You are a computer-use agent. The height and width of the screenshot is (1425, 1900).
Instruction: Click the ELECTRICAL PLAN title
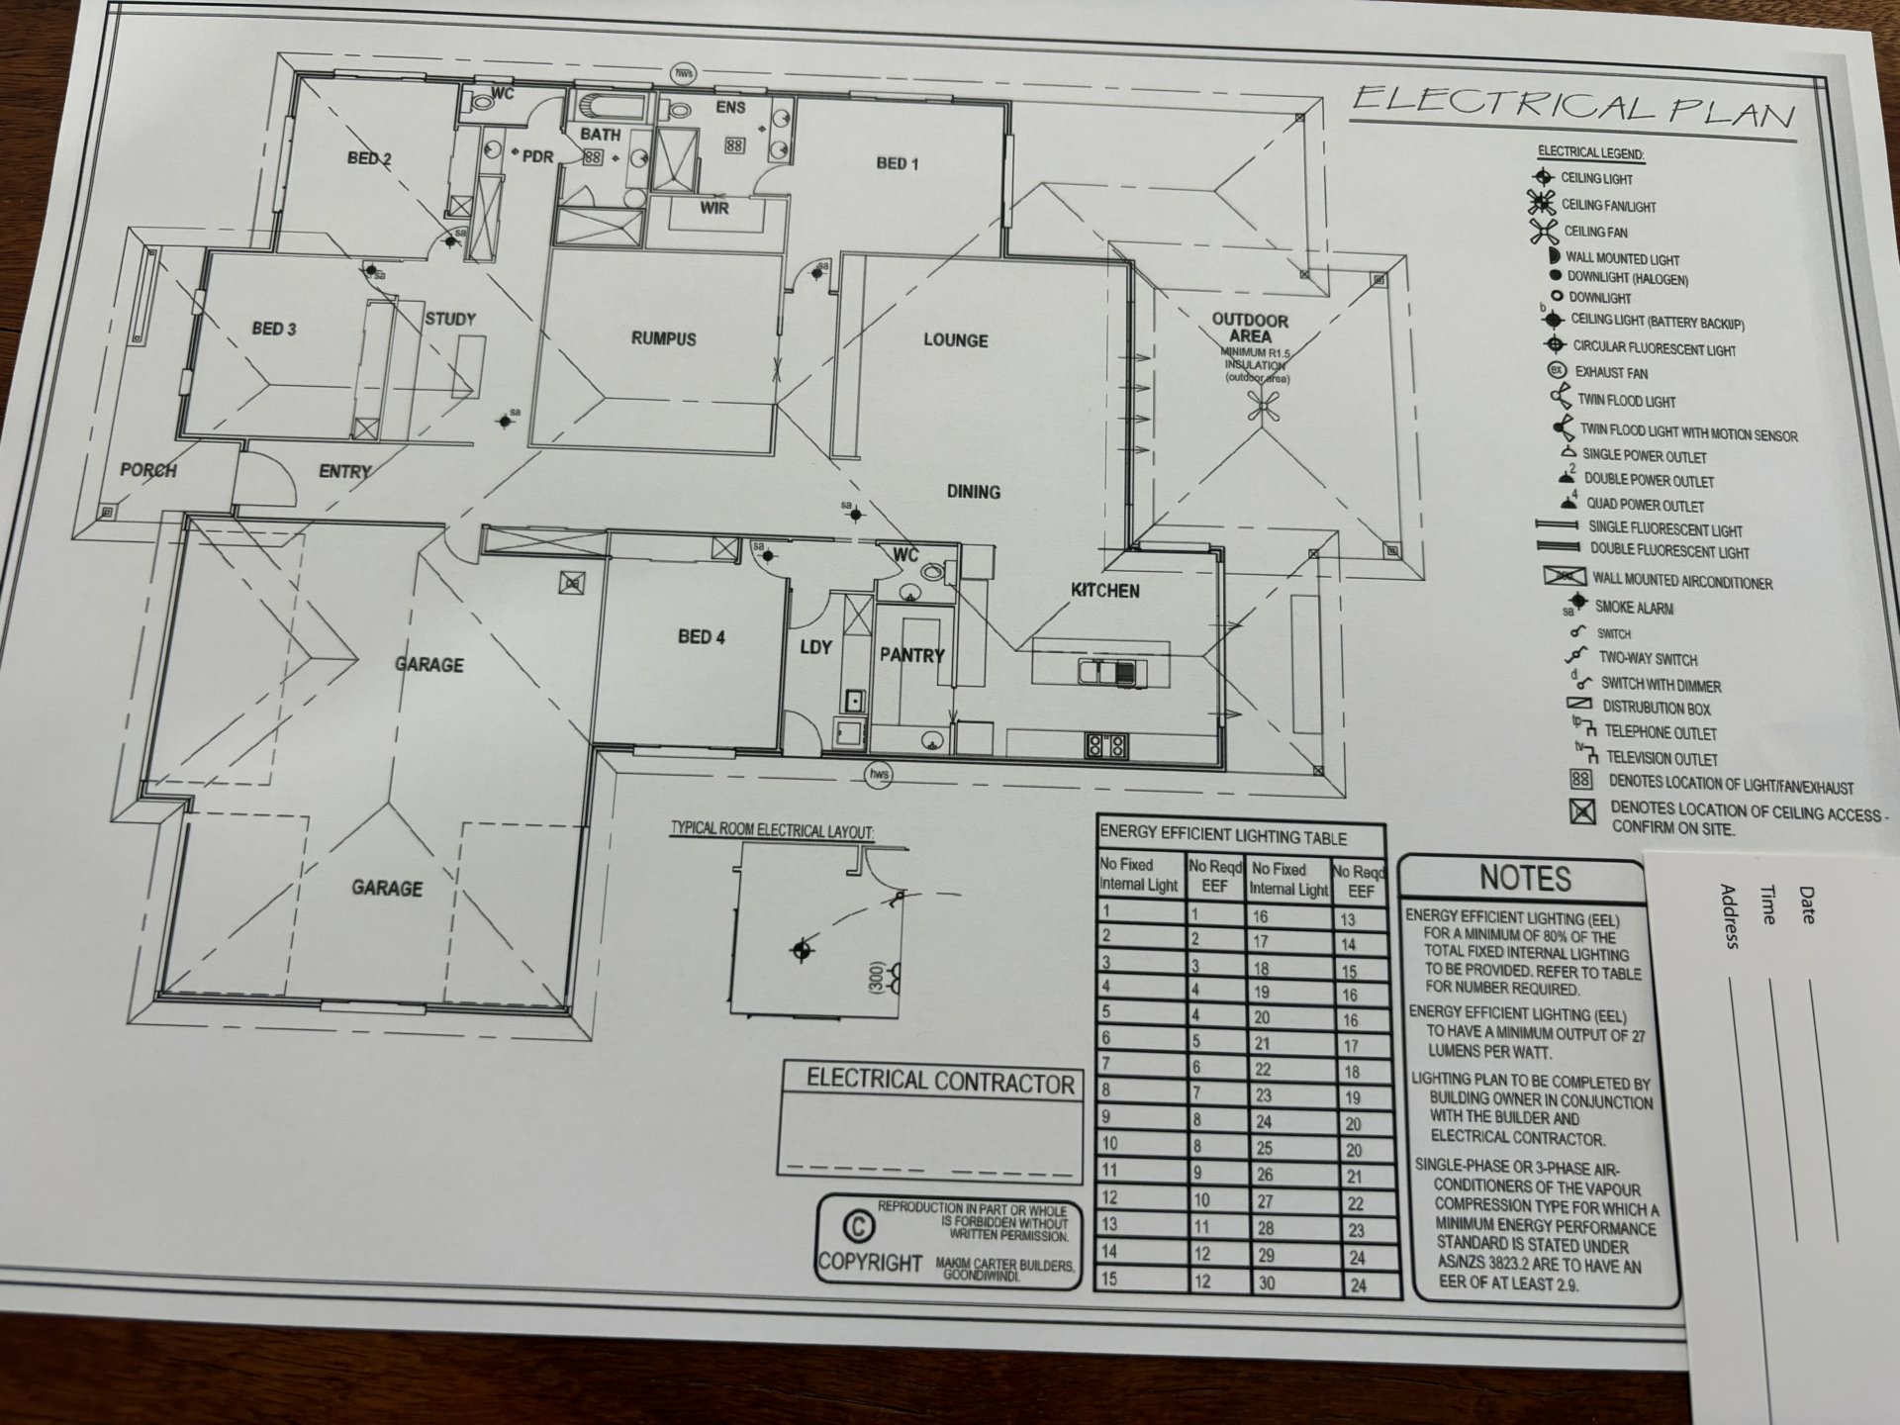coord(1573,106)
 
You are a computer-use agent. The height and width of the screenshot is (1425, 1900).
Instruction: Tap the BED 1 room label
coord(897,163)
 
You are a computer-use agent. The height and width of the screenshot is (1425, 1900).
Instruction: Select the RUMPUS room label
coord(663,338)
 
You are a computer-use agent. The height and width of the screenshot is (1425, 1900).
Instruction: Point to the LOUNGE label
coord(955,340)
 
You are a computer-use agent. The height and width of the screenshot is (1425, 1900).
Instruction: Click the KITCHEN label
coord(1104,591)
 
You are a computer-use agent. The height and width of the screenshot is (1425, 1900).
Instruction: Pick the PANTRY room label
coord(911,655)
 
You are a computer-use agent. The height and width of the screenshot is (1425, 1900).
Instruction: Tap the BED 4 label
coord(701,636)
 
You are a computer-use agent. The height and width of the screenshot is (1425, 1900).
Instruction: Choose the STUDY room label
coord(450,319)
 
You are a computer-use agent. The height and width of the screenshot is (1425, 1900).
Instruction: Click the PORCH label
coord(148,470)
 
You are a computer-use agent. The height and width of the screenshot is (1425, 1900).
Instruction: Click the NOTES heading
coord(1525,878)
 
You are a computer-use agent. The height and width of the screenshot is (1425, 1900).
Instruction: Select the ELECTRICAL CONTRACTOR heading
coord(940,1082)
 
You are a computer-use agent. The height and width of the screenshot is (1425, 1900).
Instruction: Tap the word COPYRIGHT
coord(870,1264)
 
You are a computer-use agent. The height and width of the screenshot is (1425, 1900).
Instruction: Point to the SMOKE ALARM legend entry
coord(1634,608)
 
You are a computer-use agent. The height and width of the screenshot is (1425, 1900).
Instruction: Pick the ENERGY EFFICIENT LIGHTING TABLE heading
coord(1223,837)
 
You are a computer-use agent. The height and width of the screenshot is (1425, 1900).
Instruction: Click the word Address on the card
coord(1730,916)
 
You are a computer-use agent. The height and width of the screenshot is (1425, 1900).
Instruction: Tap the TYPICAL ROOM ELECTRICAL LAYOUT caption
coord(772,830)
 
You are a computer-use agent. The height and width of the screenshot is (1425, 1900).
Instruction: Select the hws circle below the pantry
coord(879,775)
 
